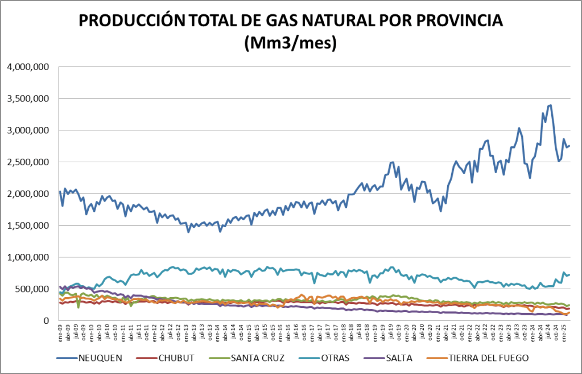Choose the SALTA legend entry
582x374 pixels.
[403, 357]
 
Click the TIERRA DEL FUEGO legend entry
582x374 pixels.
[489, 357]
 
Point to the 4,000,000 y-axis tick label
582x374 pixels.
[28, 67]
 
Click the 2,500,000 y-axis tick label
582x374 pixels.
[28, 162]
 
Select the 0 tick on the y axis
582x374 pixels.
[47, 321]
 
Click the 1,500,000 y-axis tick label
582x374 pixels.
[28, 225]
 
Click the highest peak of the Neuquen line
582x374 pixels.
[550, 105]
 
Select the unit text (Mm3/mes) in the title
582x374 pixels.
[290, 43]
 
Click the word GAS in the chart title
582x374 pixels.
[281, 21]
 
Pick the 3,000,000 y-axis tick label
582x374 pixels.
[28, 130]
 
